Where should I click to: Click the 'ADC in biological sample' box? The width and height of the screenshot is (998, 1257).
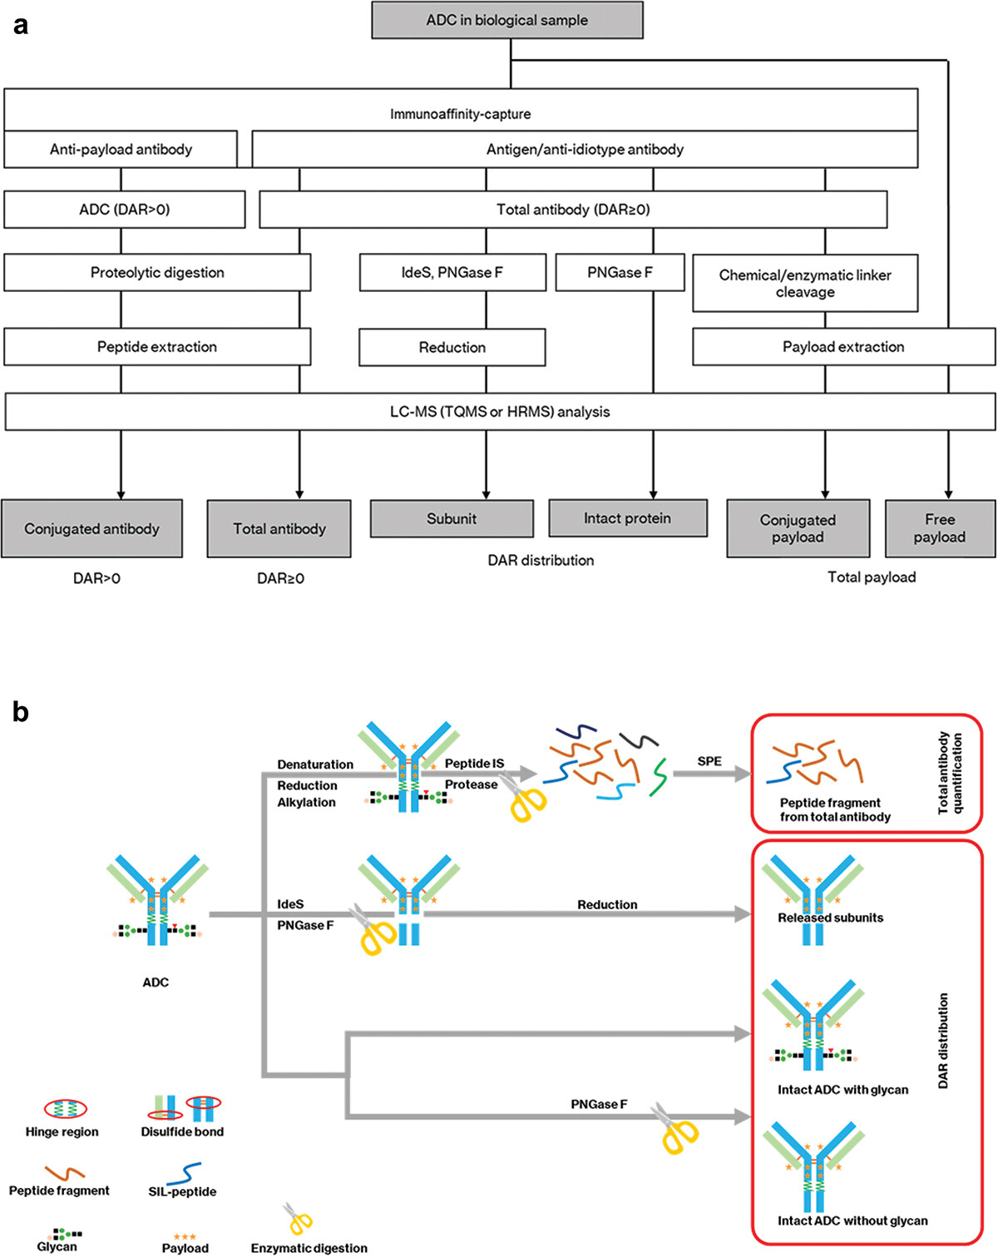[506, 20]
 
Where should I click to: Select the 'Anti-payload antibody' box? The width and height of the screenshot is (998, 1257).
[121, 149]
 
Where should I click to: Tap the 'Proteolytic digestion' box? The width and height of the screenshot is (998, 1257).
[157, 272]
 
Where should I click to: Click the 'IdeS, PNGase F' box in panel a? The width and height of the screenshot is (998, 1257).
[452, 272]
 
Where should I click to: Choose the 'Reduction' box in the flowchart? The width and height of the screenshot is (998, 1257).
[452, 347]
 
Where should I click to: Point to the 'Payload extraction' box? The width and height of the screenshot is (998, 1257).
[843, 347]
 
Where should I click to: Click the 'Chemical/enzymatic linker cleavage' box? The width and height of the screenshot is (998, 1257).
[805, 284]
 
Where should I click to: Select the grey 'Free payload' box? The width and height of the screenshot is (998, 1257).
[940, 528]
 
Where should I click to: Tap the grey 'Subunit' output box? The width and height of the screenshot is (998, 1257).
[452, 518]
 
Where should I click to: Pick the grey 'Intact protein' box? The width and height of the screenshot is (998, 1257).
[628, 518]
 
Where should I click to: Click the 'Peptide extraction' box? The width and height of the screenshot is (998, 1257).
[157, 347]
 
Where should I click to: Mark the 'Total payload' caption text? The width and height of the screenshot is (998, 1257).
[872, 577]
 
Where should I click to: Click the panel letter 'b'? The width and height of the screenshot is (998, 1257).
[21, 712]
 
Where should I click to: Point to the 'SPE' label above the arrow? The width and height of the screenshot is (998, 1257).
[709, 761]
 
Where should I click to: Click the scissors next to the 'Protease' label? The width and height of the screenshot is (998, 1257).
[525, 799]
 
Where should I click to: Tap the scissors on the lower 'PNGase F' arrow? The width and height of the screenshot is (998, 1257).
[677, 1130]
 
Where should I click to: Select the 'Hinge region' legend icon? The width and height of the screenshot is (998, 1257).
[65, 1108]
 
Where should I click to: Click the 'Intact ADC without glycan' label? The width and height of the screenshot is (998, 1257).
[852, 1220]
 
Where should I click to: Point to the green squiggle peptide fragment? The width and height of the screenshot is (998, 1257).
[660, 775]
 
